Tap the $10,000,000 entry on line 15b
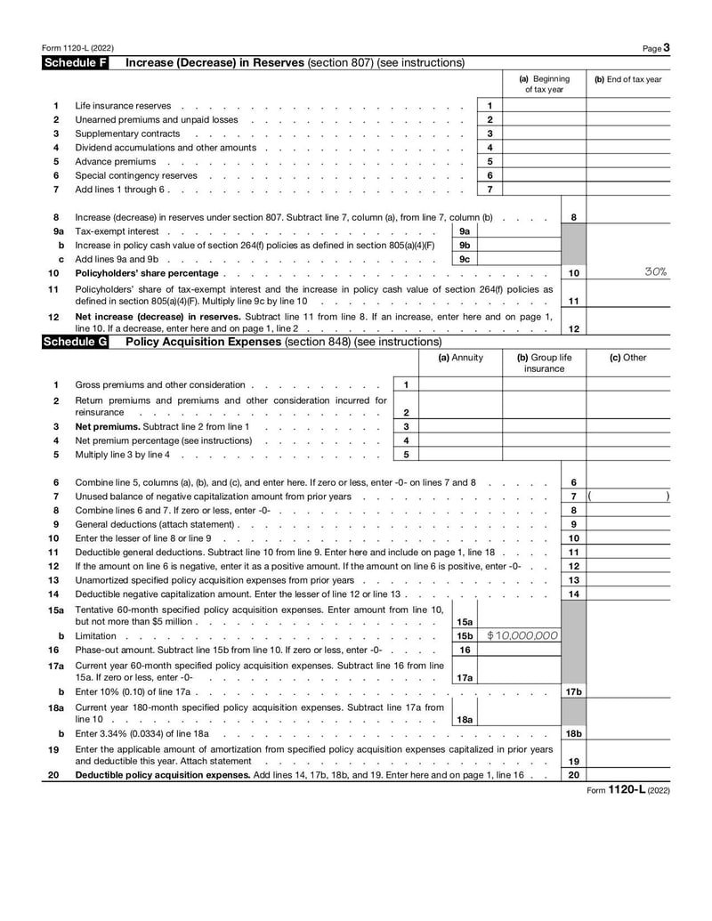(522, 635)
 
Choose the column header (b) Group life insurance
(544, 363)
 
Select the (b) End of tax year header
(627, 79)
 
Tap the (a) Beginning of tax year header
(544, 84)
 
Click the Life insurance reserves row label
(123, 106)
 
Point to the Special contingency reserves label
(135, 175)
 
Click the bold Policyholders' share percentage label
(146, 273)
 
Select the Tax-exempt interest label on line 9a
(117, 231)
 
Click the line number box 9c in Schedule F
(465, 259)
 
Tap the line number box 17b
(574, 691)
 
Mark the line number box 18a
(465, 718)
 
